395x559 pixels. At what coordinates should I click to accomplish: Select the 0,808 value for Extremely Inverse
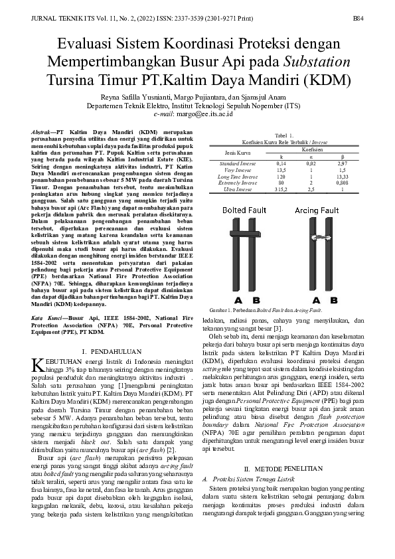pos(342,183)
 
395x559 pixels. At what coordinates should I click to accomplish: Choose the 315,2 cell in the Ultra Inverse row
pos(281,189)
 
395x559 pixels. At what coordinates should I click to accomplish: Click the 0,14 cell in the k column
pos(281,163)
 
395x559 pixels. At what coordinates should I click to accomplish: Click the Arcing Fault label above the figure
pos(316,210)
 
